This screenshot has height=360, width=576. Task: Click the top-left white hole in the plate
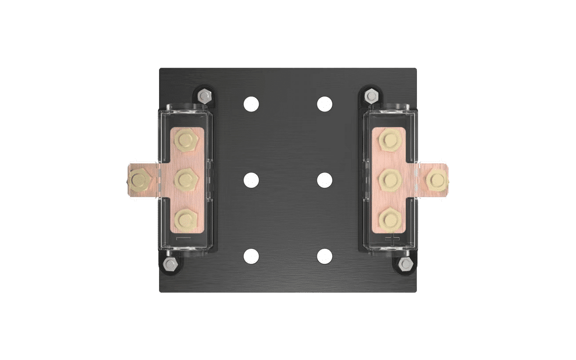pos(251,104)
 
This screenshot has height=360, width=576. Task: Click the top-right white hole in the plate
pos(325,104)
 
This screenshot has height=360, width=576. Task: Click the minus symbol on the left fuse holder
pos(183,239)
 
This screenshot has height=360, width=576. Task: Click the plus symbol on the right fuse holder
pos(392,239)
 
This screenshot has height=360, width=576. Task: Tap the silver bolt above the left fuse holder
pos(204,95)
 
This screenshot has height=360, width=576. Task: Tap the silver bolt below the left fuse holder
pos(170,265)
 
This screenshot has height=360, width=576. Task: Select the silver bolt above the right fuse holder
pos(371,95)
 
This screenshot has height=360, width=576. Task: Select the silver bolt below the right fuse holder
pos(405,265)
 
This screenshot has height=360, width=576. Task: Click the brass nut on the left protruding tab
pos(139,180)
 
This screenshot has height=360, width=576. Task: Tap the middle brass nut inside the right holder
pos(390,179)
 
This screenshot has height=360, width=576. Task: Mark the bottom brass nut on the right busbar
pos(390,218)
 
